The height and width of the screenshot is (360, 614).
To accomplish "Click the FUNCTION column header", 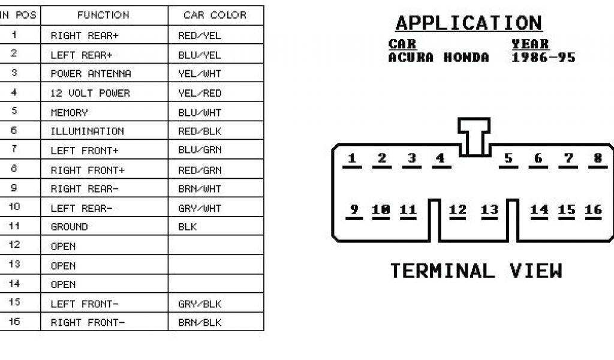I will (103, 15).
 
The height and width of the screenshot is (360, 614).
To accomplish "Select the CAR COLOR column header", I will (215, 15).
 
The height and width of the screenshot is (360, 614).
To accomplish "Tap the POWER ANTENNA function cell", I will (91, 74).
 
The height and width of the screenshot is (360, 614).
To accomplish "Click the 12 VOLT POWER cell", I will (90, 93).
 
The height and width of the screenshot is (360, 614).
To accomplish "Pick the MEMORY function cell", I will (69, 112).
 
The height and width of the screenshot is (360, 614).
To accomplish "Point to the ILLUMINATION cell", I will (87, 131).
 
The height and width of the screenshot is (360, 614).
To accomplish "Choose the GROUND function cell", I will (69, 227).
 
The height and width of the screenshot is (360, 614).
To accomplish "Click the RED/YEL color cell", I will (200, 35).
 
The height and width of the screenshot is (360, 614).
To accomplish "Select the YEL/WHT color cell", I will (200, 74).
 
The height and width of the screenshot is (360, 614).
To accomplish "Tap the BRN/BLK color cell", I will (200, 323).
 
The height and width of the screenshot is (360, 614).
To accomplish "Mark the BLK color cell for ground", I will (187, 227).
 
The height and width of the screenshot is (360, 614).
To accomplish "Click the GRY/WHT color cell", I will (200, 208).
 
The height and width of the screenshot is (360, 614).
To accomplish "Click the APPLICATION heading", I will (468, 23).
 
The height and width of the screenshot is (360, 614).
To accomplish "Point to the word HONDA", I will (466, 58).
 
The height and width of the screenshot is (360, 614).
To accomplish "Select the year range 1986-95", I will (543, 58).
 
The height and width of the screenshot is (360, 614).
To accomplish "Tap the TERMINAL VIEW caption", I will (477, 271).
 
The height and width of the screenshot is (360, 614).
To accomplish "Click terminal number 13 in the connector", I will (489, 209).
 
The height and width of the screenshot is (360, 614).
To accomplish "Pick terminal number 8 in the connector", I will (597, 158).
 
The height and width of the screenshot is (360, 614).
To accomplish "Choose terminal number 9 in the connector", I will (354, 209).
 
